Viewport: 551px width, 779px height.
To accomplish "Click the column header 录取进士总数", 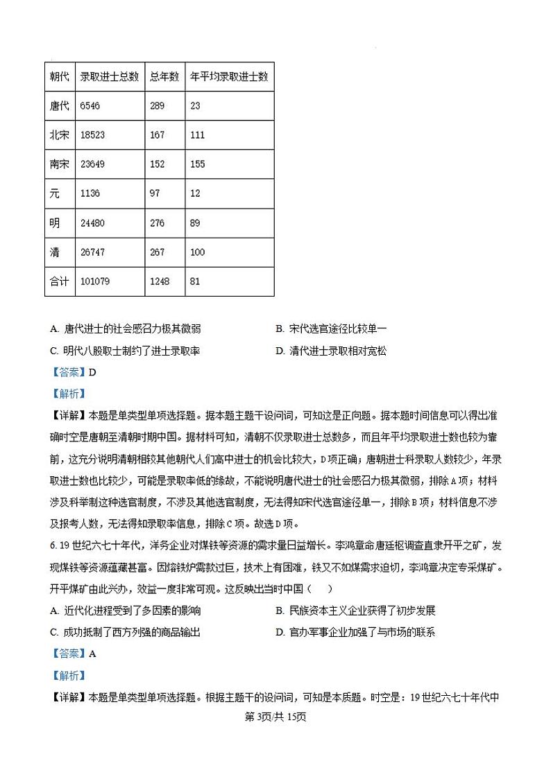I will pos(109,76).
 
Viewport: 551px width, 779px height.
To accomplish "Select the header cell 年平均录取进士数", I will pos(229,76).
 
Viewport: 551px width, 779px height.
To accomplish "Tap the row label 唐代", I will pos(60,106).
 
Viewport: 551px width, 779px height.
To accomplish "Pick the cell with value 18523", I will pos(92,135).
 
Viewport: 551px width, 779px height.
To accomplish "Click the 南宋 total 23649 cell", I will pos(92,164).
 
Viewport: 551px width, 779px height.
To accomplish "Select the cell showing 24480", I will pos(92,223).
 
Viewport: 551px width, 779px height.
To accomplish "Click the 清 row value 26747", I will pos(92,252).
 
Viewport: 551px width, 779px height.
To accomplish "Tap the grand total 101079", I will pos(95,281).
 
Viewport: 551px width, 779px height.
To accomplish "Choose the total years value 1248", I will pos(159,281).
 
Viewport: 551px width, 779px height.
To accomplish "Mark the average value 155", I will pos(197,164).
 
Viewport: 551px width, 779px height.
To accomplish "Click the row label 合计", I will pos(60,281).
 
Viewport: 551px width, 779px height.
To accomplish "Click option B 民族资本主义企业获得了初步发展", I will pos(355,611).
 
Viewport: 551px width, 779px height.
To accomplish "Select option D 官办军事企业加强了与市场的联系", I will pos(355,632).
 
